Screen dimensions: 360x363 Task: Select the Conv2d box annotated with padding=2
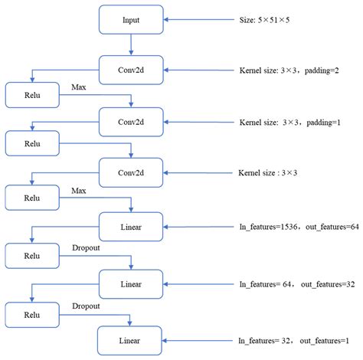point(130,69)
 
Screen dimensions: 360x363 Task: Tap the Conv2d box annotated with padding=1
point(130,120)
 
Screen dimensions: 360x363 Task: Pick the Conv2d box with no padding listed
point(130,172)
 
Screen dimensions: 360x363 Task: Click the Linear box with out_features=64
point(130,227)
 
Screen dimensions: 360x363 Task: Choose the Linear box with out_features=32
point(130,283)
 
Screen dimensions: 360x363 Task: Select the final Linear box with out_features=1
point(130,339)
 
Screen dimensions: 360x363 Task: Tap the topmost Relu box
point(31,95)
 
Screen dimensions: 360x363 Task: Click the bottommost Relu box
point(31,313)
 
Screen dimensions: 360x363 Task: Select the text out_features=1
point(325,339)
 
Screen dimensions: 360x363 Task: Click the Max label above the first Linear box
point(79,190)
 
